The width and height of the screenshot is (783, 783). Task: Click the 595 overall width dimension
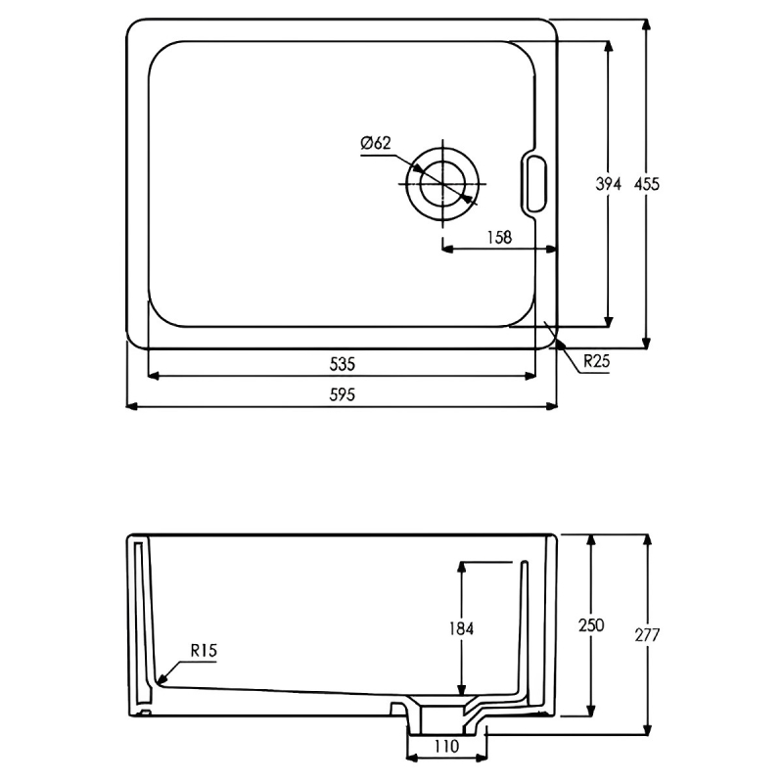pos(343,395)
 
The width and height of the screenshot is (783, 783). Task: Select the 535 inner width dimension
pos(343,364)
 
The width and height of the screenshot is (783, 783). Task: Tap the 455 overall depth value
pos(647,184)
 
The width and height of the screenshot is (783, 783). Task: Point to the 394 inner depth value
pos(608,184)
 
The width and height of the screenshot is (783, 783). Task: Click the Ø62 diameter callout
pos(376,143)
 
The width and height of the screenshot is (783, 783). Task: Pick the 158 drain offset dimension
pos(499,237)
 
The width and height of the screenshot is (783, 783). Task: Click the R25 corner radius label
pos(597,360)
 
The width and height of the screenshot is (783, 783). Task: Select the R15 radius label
pos(204,650)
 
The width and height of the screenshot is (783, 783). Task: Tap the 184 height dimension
pos(461,628)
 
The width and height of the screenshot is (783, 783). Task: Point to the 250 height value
pos(591,625)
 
